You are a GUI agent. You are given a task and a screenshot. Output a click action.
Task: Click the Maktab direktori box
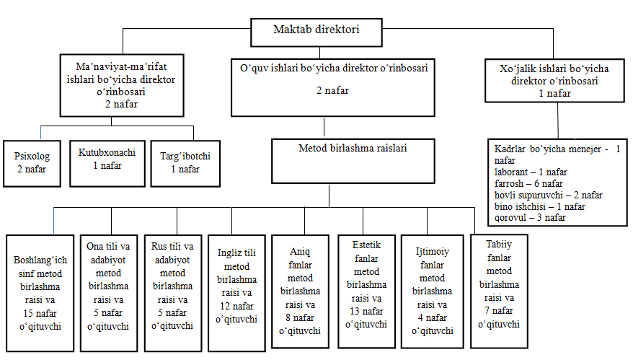(316, 32)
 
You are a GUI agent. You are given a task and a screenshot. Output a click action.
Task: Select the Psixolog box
(32, 164)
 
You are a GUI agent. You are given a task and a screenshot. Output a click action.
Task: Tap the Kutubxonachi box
(107, 164)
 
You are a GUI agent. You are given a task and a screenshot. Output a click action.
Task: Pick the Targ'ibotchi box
(185, 164)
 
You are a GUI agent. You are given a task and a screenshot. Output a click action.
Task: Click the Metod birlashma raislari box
(353, 161)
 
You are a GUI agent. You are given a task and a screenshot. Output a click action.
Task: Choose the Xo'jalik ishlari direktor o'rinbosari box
(554, 81)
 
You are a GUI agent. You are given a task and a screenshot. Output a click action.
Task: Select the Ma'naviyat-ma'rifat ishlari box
(122, 86)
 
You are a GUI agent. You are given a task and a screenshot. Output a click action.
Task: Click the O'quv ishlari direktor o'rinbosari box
(332, 88)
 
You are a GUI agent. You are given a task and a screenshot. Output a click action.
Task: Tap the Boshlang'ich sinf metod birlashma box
(40, 293)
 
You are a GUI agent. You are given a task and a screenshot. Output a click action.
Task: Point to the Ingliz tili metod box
(236, 293)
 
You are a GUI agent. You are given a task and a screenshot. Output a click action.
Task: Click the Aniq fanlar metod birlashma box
(300, 291)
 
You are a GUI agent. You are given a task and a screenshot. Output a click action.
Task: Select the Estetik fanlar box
(366, 291)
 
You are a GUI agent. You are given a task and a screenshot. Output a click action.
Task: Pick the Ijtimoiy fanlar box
(432, 291)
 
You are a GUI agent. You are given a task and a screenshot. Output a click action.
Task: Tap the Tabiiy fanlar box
(499, 291)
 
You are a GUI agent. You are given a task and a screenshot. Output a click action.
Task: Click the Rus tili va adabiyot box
(173, 293)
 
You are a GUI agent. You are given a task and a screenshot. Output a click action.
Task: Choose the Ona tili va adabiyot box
(108, 293)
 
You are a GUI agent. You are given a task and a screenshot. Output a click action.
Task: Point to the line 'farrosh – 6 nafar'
(528, 183)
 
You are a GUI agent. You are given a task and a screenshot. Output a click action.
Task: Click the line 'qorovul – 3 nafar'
(530, 218)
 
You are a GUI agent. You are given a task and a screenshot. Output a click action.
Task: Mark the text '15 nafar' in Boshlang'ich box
(40, 313)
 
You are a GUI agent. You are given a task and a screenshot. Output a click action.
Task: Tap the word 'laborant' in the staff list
(511, 172)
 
